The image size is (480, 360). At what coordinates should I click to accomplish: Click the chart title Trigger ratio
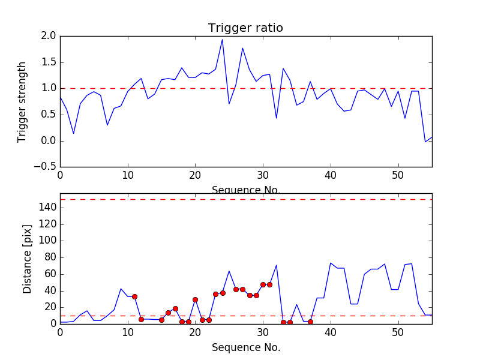point(245,28)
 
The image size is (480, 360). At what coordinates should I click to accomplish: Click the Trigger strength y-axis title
point(22,101)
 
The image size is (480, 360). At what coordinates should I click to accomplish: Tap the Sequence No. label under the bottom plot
point(246,347)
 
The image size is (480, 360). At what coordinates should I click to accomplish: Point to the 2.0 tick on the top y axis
point(49,36)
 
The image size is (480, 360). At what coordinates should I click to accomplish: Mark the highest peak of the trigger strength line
point(222,40)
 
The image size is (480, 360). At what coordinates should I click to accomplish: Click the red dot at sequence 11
point(134,296)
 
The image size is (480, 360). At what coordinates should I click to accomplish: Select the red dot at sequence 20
point(195,299)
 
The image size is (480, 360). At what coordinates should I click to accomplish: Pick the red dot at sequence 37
point(310,322)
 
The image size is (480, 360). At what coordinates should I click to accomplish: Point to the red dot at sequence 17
point(175,308)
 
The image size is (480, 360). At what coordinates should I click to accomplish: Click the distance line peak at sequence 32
point(276,265)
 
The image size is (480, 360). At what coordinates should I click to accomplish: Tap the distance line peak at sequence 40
point(331,263)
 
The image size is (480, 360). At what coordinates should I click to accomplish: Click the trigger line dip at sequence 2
point(74,133)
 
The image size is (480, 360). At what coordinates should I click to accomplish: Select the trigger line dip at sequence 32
point(276,118)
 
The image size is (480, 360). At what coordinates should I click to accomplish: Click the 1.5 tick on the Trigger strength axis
point(49,62)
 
